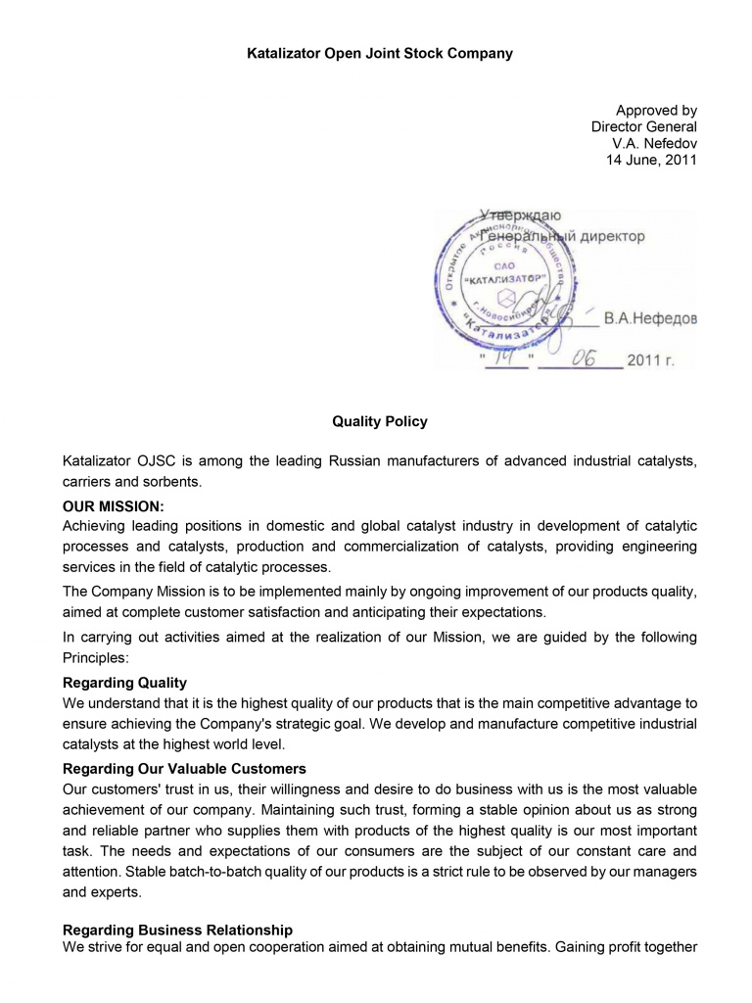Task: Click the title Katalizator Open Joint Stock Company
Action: coord(379,54)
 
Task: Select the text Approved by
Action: coord(656,111)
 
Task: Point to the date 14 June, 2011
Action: coord(652,160)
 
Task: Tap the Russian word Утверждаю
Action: coord(521,215)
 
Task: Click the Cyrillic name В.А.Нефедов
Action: coord(650,318)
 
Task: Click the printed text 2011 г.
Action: coord(651,360)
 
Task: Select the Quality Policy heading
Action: coord(380,421)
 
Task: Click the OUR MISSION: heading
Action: coord(114,506)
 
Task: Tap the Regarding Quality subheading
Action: coord(124,683)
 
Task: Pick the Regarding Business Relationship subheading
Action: coord(177,930)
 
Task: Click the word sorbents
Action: coord(172,481)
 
